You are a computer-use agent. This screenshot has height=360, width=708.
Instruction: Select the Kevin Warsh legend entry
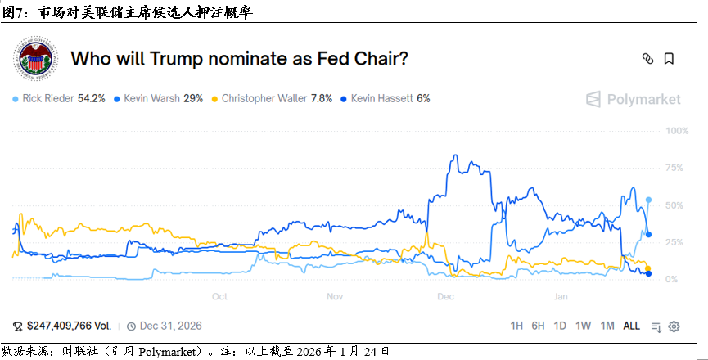(x=158, y=98)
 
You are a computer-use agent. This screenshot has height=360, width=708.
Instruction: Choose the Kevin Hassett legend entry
(x=385, y=98)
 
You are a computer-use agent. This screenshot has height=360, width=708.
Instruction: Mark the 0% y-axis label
(x=672, y=280)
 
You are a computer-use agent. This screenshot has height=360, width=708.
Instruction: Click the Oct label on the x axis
(x=219, y=296)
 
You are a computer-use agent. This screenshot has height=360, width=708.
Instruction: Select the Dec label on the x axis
(x=446, y=296)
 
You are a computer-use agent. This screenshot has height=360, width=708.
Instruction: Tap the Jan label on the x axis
(x=560, y=296)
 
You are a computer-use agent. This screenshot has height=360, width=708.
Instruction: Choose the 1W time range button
(x=583, y=326)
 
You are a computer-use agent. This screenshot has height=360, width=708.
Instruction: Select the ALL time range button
(x=632, y=326)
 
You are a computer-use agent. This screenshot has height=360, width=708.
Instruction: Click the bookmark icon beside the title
(x=669, y=59)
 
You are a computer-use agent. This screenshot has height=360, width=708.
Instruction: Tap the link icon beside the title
(x=647, y=59)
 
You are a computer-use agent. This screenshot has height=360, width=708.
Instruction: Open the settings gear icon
(x=674, y=326)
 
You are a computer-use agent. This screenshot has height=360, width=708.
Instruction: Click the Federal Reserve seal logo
(x=35, y=59)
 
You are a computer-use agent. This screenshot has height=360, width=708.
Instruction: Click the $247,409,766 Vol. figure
(x=65, y=326)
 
